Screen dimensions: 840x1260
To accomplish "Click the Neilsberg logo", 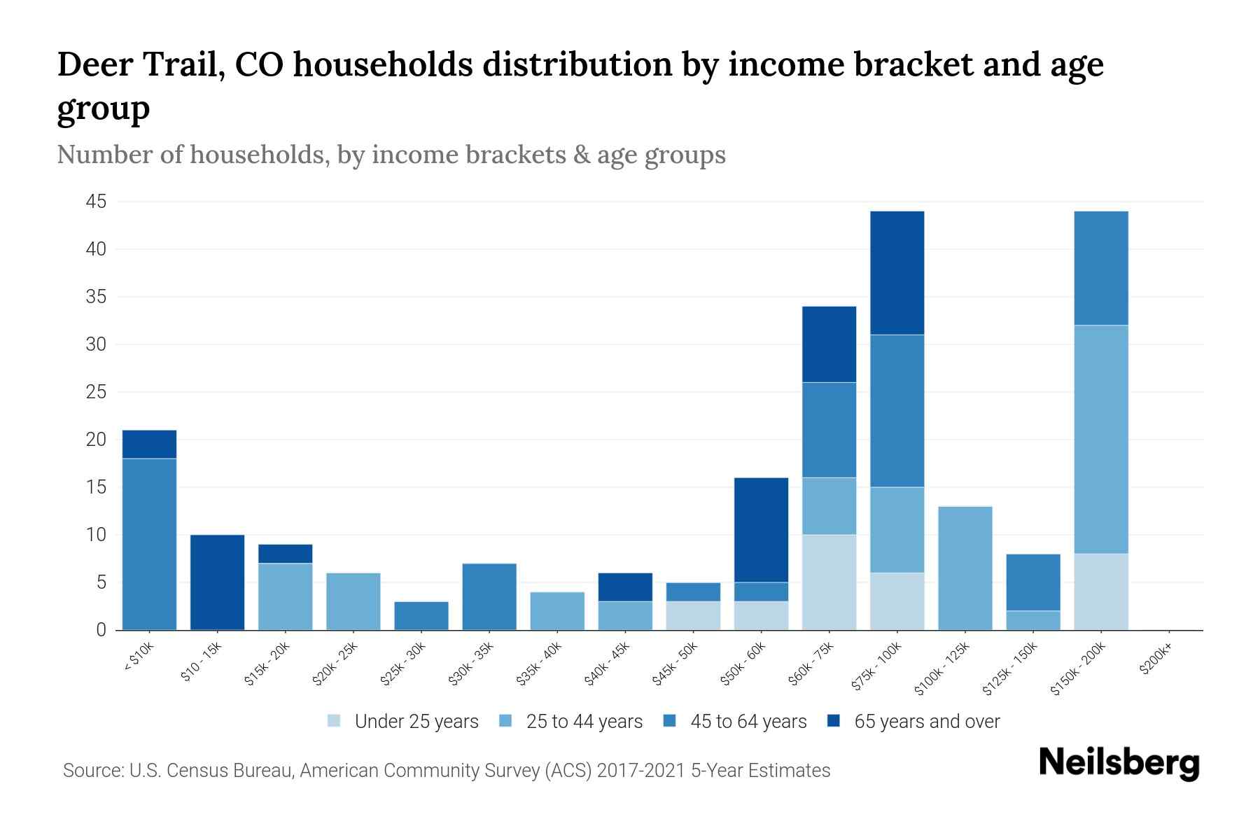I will [1119, 763].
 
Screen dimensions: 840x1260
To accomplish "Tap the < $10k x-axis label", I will [139, 658].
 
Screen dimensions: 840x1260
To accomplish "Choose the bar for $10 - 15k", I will [218, 582].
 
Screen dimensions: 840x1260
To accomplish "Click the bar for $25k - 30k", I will [421, 616].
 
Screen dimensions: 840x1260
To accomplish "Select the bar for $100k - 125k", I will [965, 568].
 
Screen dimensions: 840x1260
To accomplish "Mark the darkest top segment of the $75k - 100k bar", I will [897, 273].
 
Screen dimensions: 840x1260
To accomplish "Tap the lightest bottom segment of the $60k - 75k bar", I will [829, 582].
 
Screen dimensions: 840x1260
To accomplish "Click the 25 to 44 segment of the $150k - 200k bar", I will [1101, 440].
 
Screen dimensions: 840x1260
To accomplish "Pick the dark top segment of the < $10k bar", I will [150, 444].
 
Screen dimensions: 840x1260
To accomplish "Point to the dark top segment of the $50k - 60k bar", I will [762, 530].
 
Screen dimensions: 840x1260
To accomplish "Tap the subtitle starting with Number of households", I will [391, 155].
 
